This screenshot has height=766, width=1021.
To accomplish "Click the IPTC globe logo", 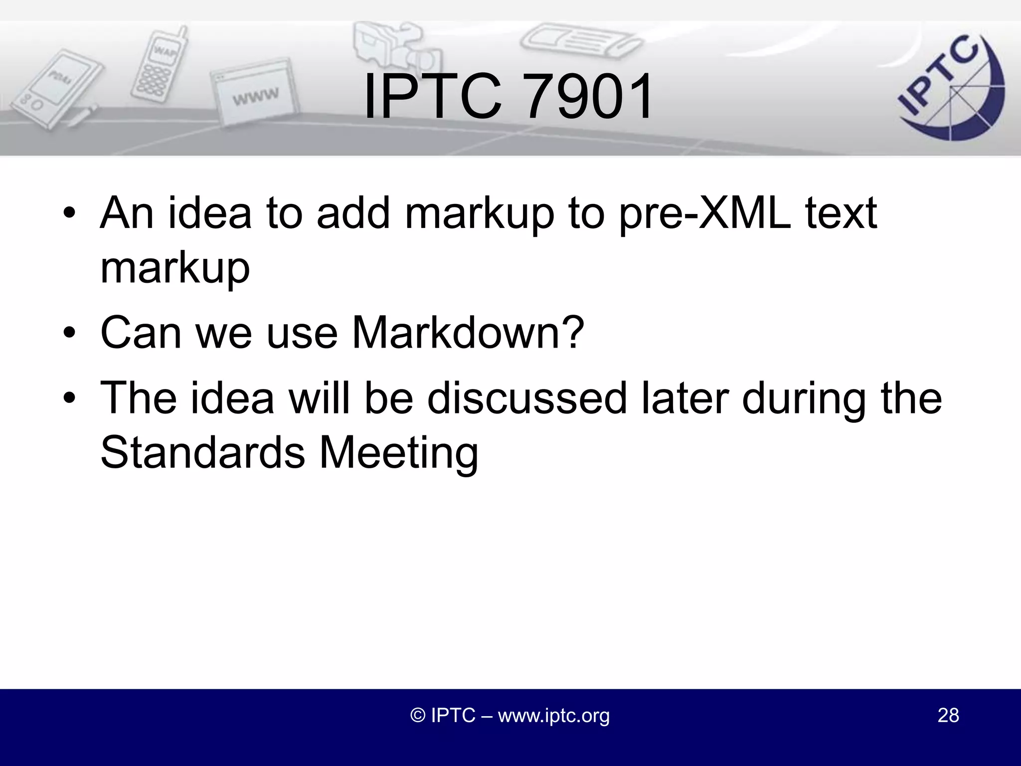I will coord(950,90).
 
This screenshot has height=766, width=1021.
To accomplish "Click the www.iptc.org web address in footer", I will coord(553,715).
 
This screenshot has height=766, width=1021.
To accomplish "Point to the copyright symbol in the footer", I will coord(417,715).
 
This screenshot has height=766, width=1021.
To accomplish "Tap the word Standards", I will coord(202,452).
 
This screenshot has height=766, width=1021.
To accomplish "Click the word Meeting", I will coord(398,452).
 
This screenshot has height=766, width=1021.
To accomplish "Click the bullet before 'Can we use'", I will coord(69,333).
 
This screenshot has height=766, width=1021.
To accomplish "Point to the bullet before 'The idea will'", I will coord(69,398).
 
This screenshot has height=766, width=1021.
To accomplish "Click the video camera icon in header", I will coord(394,47).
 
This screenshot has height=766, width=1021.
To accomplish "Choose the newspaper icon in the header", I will coord(581,40).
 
